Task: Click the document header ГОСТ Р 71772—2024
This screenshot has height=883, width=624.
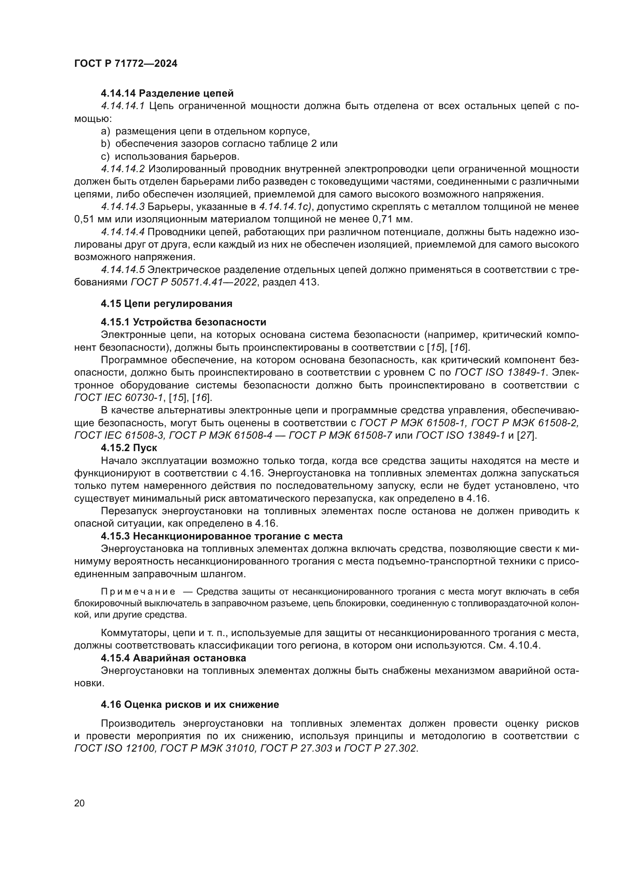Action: pyautogui.click(x=126, y=64)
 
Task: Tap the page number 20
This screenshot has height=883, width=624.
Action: pyautogui.click(x=79, y=803)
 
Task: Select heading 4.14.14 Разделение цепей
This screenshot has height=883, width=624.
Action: pyautogui.click(x=167, y=94)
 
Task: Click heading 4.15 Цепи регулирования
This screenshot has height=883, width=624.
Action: pyautogui.click(x=166, y=304)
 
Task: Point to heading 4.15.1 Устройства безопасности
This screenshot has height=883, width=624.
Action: pyautogui.click(x=183, y=322)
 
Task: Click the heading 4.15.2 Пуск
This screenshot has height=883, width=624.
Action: pyautogui.click(x=129, y=448)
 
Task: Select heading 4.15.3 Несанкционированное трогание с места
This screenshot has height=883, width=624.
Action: pyautogui.click(x=222, y=536)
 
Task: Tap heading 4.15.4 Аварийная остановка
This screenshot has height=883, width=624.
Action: pyautogui.click(x=173, y=658)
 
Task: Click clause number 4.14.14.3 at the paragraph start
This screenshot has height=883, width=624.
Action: pyautogui.click(x=123, y=207)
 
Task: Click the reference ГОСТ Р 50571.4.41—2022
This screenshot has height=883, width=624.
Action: pyautogui.click(x=194, y=282)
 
